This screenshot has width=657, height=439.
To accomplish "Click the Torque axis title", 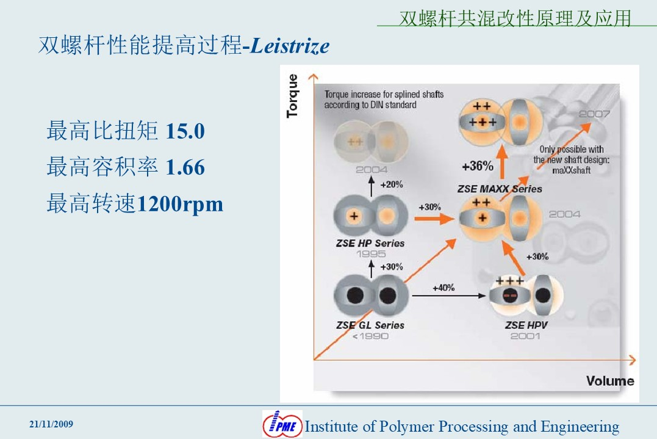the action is (292, 96).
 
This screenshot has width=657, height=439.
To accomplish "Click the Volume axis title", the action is (610, 381).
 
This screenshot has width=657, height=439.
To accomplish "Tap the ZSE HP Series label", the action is (370, 243).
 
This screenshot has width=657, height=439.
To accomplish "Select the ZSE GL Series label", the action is (370, 325).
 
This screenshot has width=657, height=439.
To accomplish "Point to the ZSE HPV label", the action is (526, 325).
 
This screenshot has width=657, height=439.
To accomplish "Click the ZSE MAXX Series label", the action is (500, 189).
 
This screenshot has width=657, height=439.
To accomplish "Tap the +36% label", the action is (477, 166).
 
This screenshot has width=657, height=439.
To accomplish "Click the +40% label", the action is (443, 288).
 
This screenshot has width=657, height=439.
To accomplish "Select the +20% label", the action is (392, 184).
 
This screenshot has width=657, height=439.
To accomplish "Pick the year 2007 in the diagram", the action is (594, 114).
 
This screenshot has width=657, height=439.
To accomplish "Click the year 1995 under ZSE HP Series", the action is (371, 253).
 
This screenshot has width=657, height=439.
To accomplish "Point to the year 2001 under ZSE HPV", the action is (525, 336).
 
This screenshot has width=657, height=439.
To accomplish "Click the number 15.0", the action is (185, 131).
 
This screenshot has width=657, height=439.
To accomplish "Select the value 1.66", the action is (185, 167).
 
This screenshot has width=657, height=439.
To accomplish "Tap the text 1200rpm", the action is (180, 204).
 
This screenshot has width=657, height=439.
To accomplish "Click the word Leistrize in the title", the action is (290, 46).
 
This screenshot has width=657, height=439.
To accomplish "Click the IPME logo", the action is (282, 424).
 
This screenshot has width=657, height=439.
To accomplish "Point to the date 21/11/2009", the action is (51, 424).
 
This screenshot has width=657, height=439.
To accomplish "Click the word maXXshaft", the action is (571, 170).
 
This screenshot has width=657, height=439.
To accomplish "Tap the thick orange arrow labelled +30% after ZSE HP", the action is (434, 219).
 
